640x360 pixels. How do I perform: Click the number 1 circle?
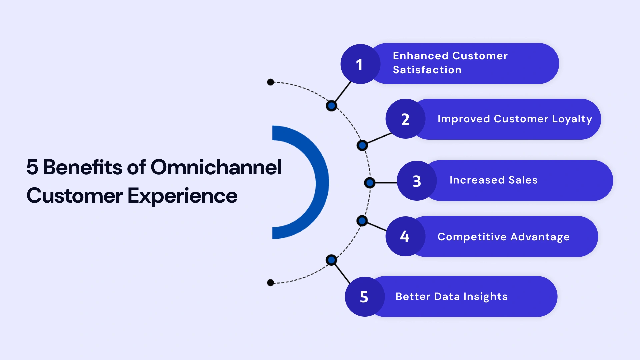click(360, 64)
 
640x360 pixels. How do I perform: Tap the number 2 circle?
click(405, 119)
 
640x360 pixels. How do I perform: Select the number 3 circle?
click(417, 181)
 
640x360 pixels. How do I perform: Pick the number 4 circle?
click(405, 236)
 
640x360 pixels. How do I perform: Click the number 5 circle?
click(364, 297)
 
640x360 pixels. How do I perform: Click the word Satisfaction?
click(427, 70)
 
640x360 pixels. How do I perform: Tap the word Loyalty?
click(572, 119)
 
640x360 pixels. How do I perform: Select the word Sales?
click(523, 180)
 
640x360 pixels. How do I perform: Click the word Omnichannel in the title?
click(216, 167)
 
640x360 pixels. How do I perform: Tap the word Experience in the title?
click(182, 196)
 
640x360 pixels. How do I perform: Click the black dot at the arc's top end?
click(271, 82)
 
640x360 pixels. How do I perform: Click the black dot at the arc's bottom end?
click(271, 283)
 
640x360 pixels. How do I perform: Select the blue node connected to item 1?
click(331, 106)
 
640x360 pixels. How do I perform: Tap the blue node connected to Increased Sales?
click(370, 183)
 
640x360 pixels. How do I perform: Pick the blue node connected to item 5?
click(331, 260)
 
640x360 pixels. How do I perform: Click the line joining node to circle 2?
click(379, 138)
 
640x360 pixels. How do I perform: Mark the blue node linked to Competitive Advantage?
click(362, 221)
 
